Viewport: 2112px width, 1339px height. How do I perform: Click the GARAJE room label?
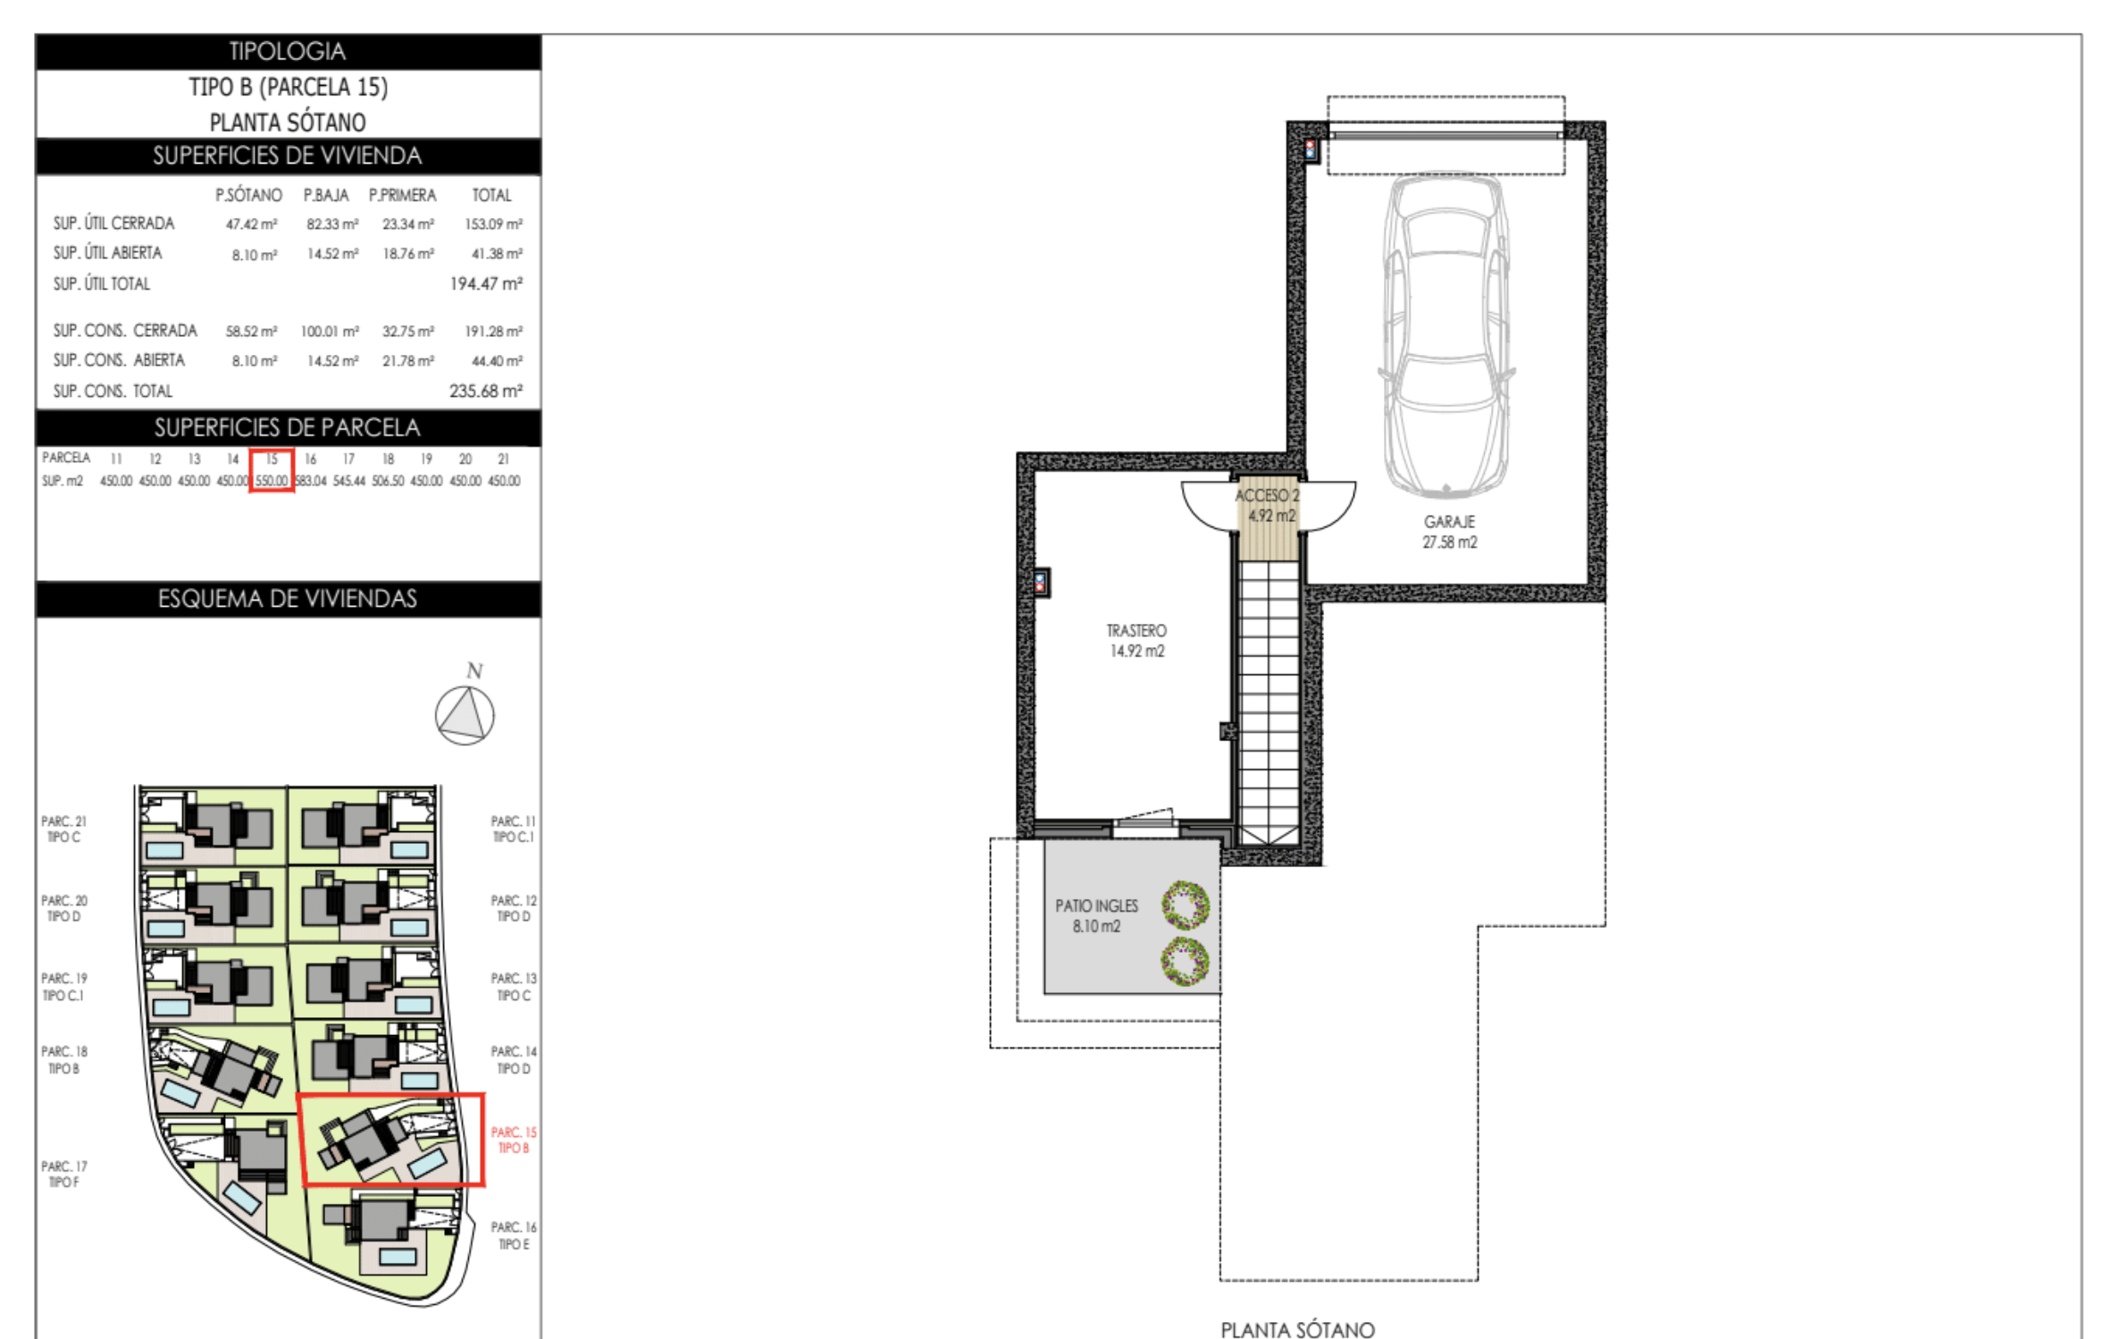point(1449,521)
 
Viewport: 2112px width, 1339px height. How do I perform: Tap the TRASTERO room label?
point(1136,630)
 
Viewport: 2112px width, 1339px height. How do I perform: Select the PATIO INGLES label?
point(1097,905)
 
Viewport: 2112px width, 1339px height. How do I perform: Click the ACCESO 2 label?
point(1268,495)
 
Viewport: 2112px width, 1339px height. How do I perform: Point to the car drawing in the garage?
point(1446,335)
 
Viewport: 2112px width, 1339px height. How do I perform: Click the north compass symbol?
point(465,715)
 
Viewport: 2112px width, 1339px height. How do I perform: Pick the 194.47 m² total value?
point(486,283)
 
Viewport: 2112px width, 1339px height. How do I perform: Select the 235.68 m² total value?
point(486,391)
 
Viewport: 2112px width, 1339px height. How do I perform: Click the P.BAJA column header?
point(326,195)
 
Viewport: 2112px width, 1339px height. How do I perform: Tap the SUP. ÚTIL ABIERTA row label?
point(107,253)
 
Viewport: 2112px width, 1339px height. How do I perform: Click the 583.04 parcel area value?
point(310,481)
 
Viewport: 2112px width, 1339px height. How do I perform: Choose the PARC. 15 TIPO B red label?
point(514,1140)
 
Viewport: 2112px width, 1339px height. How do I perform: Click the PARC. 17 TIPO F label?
point(64,1175)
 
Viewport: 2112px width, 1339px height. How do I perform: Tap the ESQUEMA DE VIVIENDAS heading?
point(288,599)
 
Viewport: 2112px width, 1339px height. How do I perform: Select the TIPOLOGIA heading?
point(288,51)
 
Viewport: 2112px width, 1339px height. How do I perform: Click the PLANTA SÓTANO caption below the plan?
point(1297,1329)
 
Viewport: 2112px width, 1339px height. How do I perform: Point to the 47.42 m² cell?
point(251,224)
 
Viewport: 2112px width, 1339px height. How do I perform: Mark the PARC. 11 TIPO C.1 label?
point(513,829)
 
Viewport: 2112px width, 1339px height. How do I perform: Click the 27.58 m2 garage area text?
point(1449,542)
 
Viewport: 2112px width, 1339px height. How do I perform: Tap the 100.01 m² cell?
point(330,332)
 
